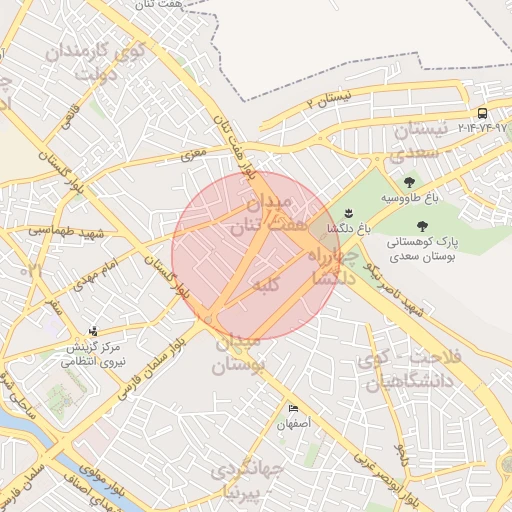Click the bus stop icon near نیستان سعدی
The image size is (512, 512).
[483, 113]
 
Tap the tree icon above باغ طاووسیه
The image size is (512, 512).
[409, 182]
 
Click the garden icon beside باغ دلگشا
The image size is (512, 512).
[349, 212]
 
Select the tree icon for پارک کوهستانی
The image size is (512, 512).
[421, 228]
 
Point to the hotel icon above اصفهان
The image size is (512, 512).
[293, 409]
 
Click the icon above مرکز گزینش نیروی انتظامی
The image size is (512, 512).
[94, 330]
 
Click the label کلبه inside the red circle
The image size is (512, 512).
[262, 286]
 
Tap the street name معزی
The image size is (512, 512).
[191, 156]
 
